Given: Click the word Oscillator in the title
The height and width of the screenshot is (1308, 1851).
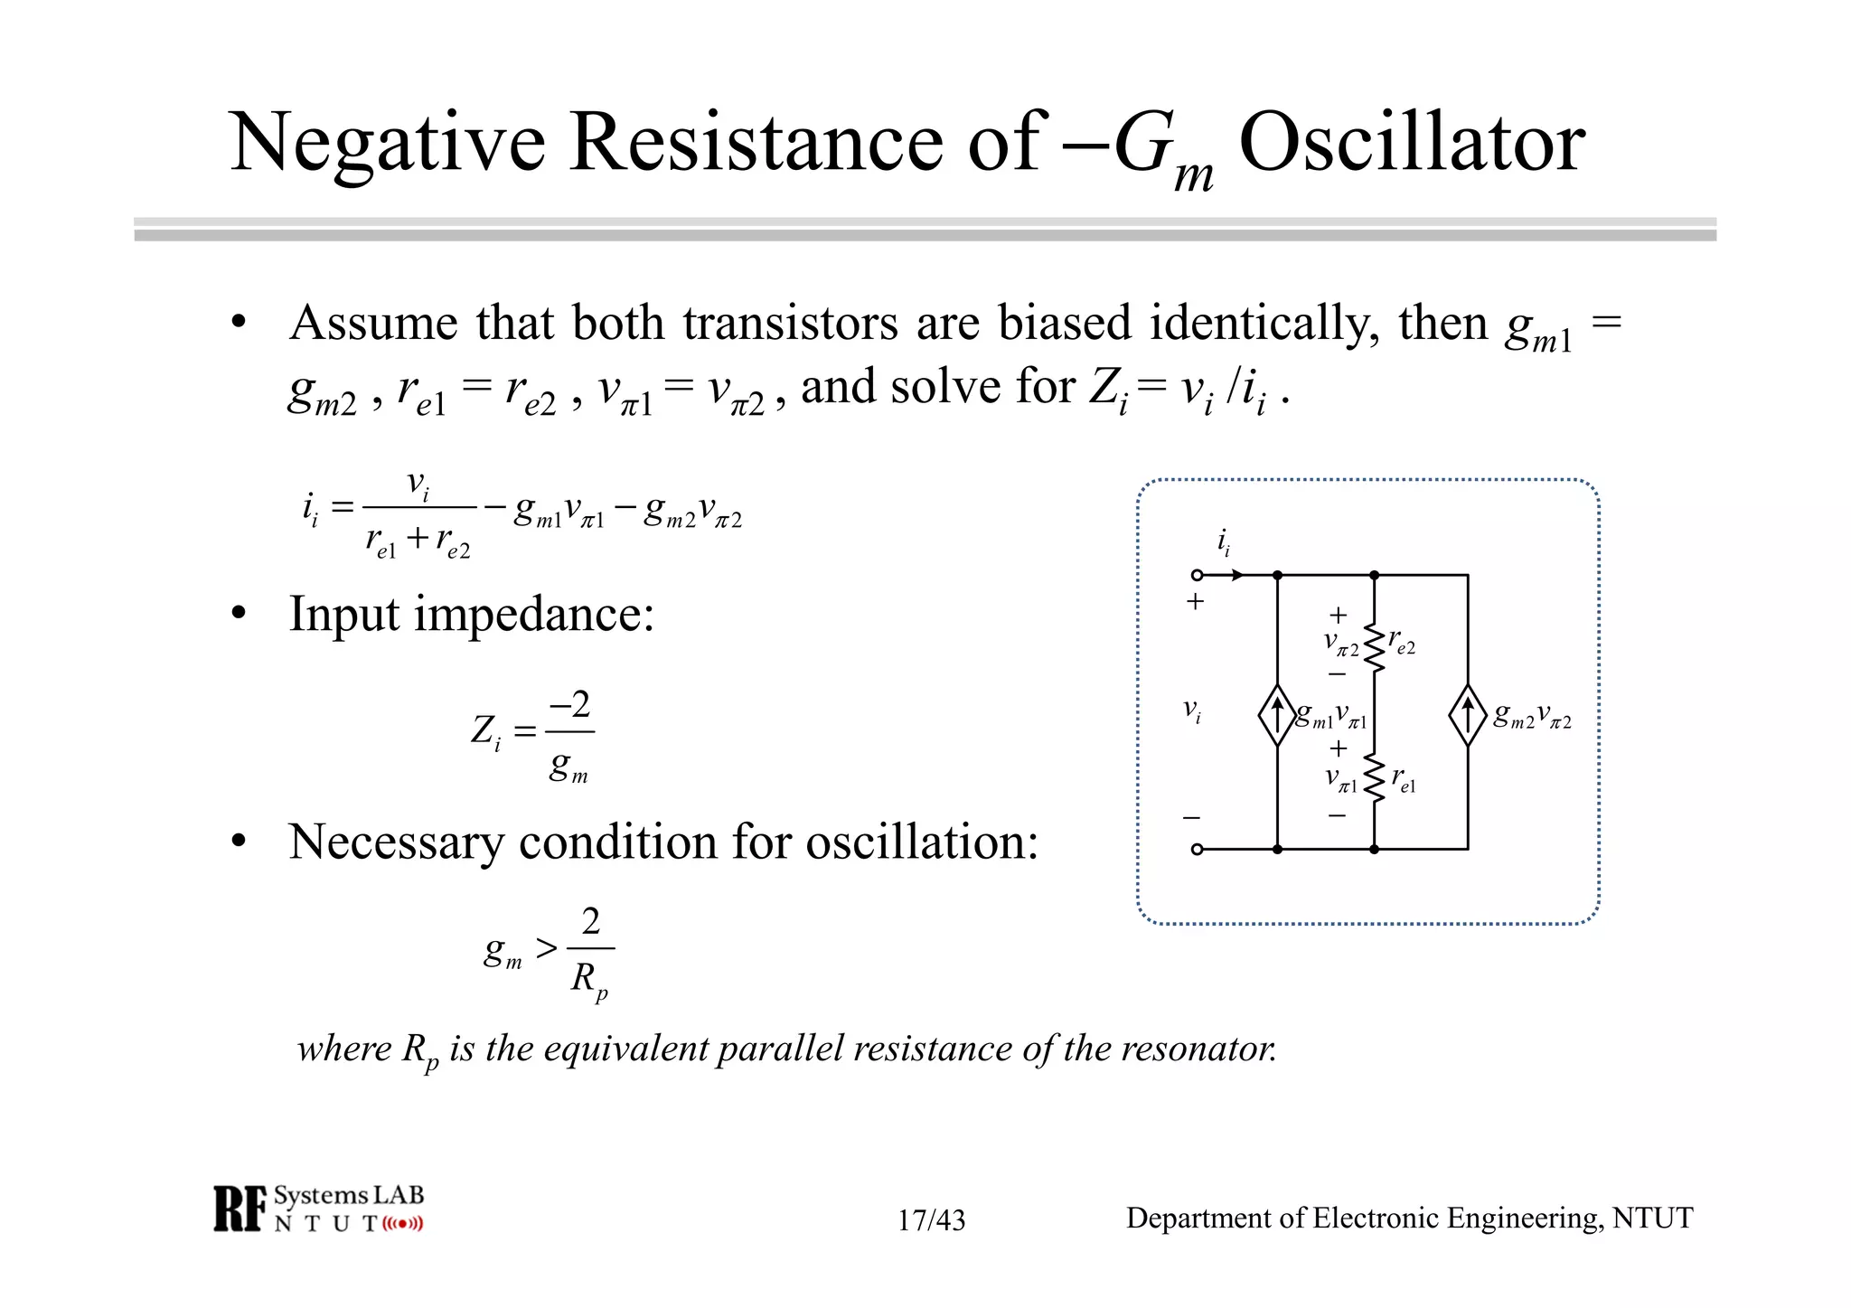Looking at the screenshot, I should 1412,143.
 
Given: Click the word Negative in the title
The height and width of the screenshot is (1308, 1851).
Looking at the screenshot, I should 388,143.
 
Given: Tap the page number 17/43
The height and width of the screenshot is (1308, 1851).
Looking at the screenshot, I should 931,1220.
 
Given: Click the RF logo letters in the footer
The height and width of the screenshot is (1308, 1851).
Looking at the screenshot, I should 240,1209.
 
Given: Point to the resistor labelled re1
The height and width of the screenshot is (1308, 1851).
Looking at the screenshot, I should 1375,777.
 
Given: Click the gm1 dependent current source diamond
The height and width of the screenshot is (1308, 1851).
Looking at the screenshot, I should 1277,715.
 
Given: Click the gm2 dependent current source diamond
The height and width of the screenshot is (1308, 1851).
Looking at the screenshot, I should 1468,715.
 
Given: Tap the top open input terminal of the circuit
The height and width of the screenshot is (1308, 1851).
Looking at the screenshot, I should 1197,575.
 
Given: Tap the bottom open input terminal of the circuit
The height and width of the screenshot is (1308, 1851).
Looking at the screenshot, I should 1197,849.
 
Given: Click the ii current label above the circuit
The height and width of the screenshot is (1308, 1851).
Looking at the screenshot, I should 1223,542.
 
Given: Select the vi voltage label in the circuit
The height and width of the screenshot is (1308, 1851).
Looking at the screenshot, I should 1193,711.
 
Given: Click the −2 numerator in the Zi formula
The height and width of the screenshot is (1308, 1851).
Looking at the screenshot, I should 570,704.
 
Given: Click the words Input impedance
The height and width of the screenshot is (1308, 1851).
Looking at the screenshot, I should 471,615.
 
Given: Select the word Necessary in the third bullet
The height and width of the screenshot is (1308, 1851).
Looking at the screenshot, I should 396,842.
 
